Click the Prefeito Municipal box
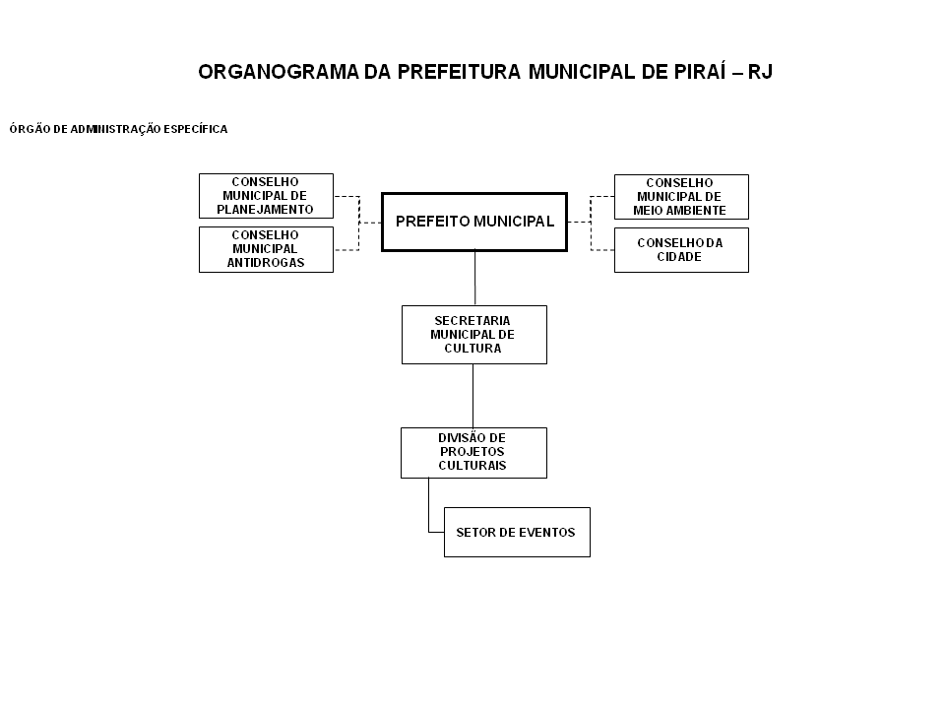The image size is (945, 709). (474, 222)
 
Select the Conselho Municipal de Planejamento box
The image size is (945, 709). (266, 196)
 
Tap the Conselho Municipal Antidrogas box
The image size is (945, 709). (266, 249)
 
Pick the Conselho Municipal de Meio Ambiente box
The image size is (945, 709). (681, 197)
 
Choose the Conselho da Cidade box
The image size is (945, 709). (681, 250)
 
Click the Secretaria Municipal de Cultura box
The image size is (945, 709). (474, 335)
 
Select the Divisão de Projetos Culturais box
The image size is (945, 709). (473, 453)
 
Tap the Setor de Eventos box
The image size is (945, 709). (517, 533)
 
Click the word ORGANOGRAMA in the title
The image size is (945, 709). (279, 72)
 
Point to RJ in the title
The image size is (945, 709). (760, 72)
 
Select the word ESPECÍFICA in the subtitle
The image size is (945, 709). (195, 129)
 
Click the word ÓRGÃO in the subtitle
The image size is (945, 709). (31, 128)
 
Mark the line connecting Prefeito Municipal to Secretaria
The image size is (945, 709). (474, 278)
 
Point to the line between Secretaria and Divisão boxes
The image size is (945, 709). (473, 396)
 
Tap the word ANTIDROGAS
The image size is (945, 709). (266, 263)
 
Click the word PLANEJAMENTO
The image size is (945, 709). (265, 210)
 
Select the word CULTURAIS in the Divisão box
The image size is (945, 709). (472, 466)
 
